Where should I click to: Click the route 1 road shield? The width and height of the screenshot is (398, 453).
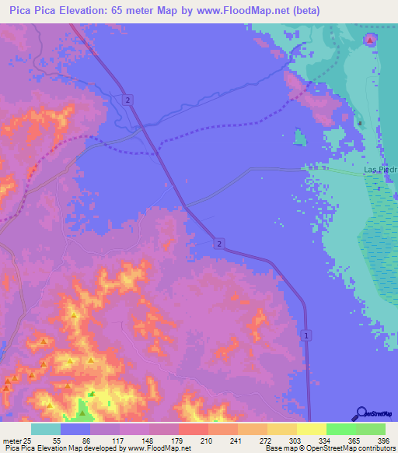[x=307, y=335]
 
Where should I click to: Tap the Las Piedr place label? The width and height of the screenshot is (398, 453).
[x=381, y=169]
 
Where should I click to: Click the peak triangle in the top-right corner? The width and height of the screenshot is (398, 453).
[x=370, y=40]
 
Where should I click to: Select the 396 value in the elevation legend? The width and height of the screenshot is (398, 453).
[x=382, y=441]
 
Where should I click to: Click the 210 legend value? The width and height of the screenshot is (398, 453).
[x=207, y=441]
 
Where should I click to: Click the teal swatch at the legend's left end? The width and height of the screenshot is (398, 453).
[x=46, y=429]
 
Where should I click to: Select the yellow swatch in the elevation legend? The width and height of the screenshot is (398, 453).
[x=311, y=429]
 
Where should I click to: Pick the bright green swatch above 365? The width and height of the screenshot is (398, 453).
[x=340, y=429]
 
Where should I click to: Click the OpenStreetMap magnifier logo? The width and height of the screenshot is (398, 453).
[x=361, y=413]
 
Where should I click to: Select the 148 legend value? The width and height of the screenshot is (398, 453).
[x=148, y=441]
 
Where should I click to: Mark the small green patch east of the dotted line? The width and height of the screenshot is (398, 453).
[x=300, y=138]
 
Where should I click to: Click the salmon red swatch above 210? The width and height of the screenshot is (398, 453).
[x=193, y=429]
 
